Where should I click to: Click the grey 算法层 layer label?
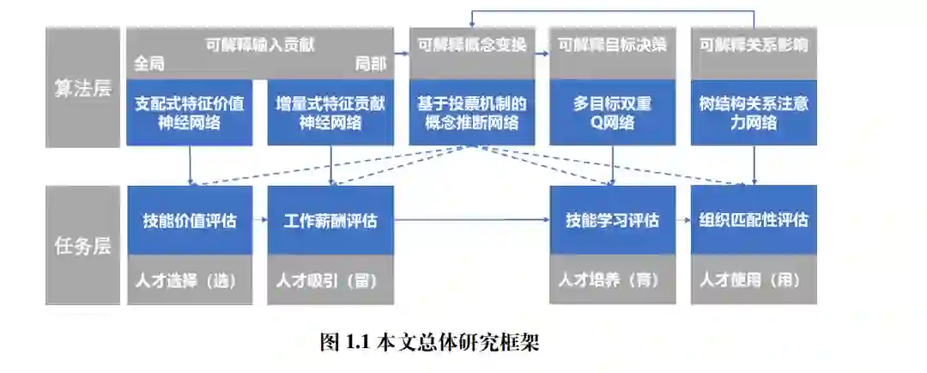pyautogui.click(x=83, y=88)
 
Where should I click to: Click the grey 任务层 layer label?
pyautogui.click(x=83, y=246)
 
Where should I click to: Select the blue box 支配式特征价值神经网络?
pyautogui.click(x=189, y=113)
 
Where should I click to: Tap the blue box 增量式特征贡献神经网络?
pyautogui.click(x=330, y=113)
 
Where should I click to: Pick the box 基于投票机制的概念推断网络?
pyautogui.click(x=471, y=113)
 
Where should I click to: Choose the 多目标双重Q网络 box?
pyautogui.click(x=612, y=113)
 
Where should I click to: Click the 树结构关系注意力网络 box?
pyautogui.click(x=754, y=113)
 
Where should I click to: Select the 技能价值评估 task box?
pyautogui.click(x=189, y=220)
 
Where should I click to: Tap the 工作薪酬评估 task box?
pyautogui.click(x=330, y=220)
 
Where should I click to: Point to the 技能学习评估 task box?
pyautogui.click(x=612, y=220)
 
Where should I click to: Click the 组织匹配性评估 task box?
pyautogui.click(x=754, y=220)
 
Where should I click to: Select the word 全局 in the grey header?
pyautogui.click(x=149, y=64)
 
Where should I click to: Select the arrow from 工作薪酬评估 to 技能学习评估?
pyautogui.click(x=472, y=220)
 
